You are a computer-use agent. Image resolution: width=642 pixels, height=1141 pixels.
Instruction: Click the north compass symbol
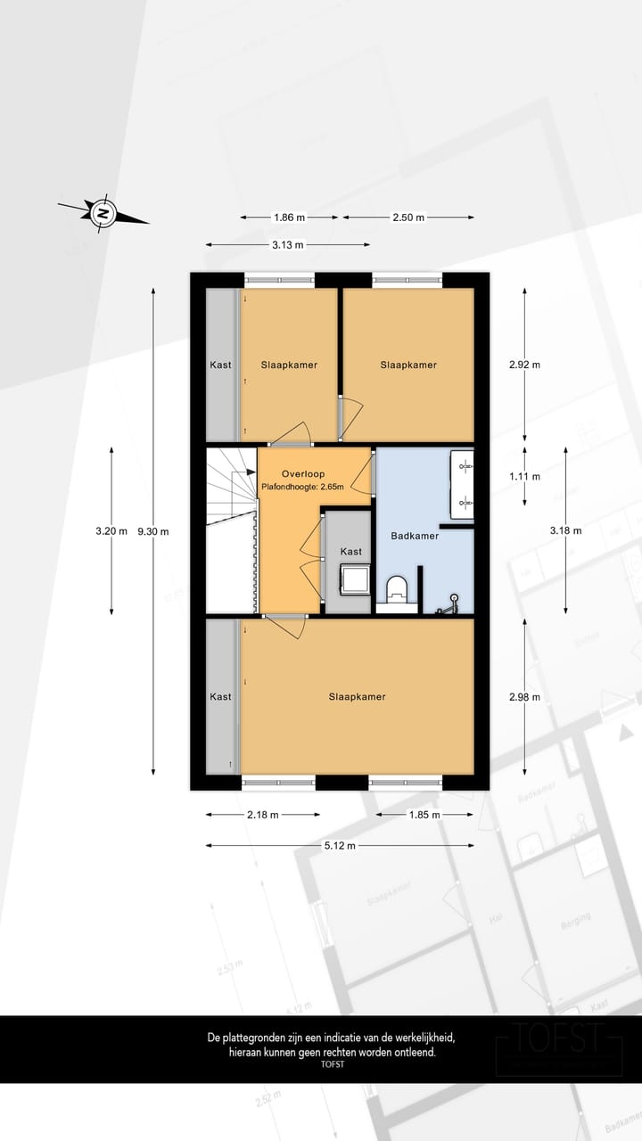(x=103, y=213)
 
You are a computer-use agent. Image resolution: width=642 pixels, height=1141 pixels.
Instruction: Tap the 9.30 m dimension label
(x=153, y=531)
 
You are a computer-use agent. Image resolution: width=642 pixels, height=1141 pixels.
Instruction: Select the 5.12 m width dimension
(x=339, y=845)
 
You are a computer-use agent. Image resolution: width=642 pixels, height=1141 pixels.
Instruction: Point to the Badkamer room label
(x=415, y=536)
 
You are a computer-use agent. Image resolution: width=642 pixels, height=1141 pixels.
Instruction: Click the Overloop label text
(x=303, y=473)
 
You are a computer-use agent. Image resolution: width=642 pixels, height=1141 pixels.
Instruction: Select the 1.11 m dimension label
(x=524, y=476)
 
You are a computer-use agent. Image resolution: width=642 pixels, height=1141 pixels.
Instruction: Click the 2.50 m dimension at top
(x=408, y=217)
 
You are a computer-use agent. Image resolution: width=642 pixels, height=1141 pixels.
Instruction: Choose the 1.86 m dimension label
(x=289, y=217)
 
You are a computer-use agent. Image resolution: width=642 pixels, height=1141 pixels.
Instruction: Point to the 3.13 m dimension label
(x=287, y=244)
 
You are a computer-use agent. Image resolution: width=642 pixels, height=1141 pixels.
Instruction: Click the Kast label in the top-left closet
(x=220, y=365)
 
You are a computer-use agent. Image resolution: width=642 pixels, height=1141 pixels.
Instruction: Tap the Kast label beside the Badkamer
(x=351, y=552)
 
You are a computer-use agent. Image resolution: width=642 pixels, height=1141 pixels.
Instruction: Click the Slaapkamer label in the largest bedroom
(x=357, y=696)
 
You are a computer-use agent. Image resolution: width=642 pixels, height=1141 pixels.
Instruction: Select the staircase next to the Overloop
(x=230, y=531)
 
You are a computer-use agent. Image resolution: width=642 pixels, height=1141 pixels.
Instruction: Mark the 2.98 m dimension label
(x=524, y=697)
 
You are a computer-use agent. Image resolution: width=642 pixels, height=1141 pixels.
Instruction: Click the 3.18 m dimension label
(x=565, y=530)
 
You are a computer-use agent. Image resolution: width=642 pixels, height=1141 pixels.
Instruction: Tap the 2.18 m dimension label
(x=262, y=814)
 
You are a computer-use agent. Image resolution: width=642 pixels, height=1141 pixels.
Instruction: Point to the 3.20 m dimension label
(x=111, y=531)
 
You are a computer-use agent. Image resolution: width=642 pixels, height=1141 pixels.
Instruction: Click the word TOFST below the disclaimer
(x=332, y=1064)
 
